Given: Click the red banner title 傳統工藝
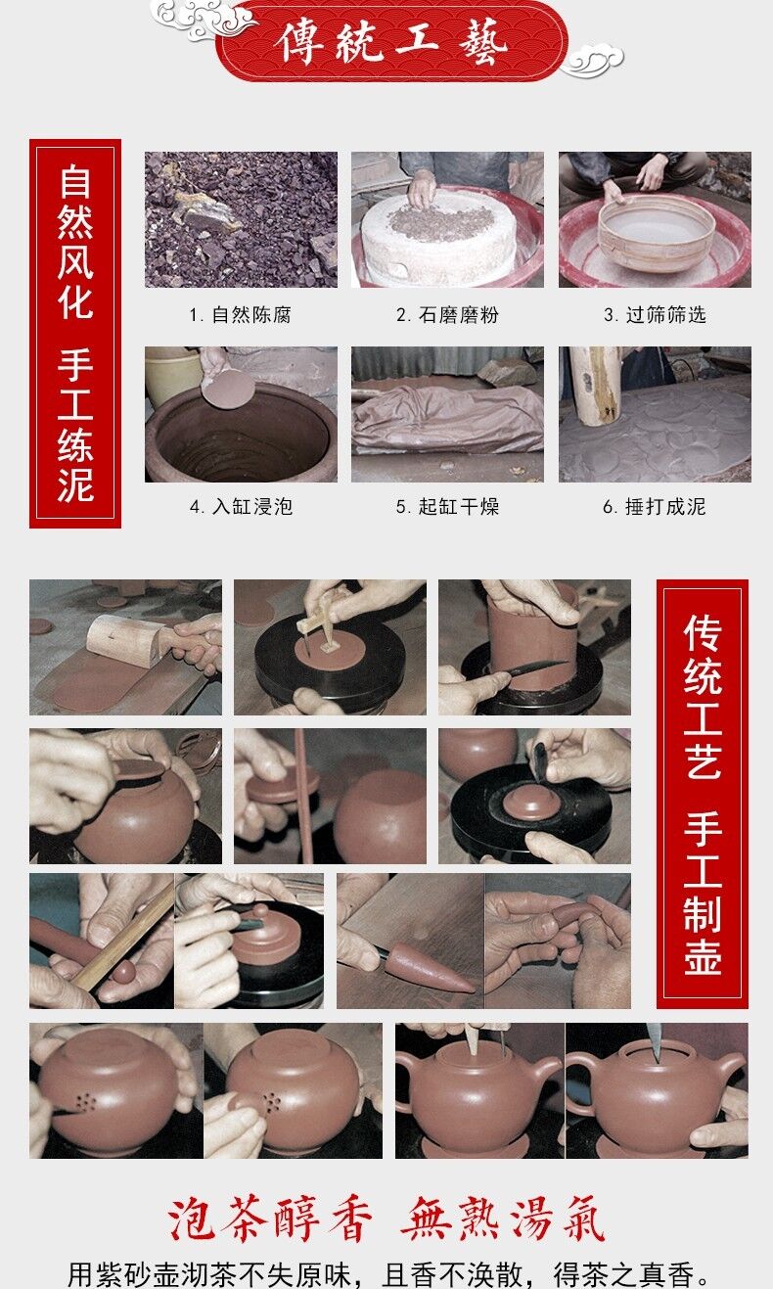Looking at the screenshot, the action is click(391, 41).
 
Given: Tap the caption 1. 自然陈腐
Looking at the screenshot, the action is click(241, 315).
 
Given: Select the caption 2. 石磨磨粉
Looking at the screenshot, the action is click(447, 315).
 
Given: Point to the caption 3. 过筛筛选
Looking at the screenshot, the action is click(655, 315).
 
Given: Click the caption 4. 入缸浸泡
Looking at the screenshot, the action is click(241, 506).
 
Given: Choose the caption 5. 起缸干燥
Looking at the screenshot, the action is click(447, 506).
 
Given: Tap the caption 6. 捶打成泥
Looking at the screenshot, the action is click(655, 506).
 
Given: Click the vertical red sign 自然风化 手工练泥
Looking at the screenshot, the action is click(75, 333).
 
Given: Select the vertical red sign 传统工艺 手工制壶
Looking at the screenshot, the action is click(703, 794).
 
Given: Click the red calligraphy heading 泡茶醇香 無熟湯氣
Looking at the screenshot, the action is click(386, 1219).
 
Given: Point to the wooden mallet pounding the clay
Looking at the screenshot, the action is click(594, 385).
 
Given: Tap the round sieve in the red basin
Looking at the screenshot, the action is click(657, 231).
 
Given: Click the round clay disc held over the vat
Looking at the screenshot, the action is click(228, 389).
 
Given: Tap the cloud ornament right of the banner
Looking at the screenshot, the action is click(592, 61).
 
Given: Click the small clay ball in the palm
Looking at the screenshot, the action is click(123, 971).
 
